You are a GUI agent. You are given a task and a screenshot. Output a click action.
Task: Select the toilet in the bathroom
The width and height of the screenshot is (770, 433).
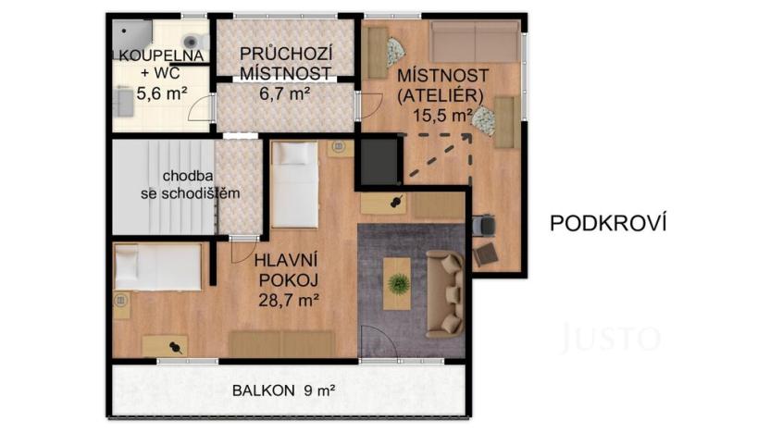tap(192, 42)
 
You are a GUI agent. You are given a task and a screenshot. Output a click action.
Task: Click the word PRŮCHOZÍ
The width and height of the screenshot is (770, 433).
tap(286, 53)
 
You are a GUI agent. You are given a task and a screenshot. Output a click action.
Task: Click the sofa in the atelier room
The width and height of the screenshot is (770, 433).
tap(475, 42)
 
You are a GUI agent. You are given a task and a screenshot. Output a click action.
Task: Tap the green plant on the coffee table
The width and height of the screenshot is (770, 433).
tap(399, 283)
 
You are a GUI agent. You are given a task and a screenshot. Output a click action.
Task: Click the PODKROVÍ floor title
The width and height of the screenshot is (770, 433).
tap(608, 223)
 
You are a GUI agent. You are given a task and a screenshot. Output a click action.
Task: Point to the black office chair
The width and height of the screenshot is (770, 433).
tap(483, 225)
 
